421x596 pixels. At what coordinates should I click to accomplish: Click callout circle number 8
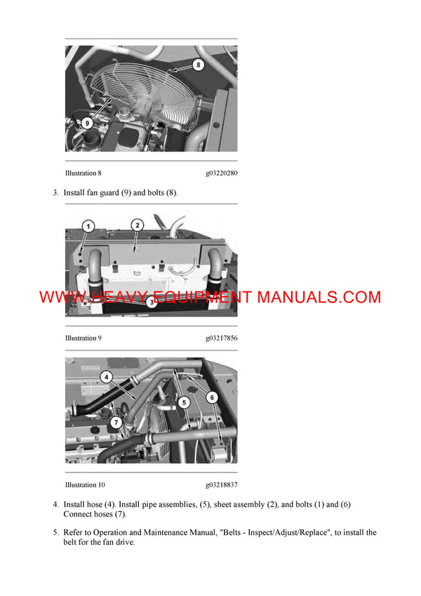tap(197, 65)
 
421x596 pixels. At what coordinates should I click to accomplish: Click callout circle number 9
tap(86, 122)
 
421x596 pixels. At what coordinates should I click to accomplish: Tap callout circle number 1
tap(88, 226)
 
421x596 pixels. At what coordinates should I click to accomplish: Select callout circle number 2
tap(138, 225)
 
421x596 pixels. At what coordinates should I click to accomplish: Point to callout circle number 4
tap(107, 377)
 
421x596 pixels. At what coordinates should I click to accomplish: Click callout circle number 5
tap(183, 402)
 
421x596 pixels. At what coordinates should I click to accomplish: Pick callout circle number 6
tap(212, 397)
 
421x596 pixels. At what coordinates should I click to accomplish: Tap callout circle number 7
tap(116, 423)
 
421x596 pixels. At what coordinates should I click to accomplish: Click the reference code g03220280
tap(221, 173)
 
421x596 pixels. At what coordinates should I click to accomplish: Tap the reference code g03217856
tap(221, 338)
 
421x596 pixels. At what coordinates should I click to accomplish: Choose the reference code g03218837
tap(221, 485)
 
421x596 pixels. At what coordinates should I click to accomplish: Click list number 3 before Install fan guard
tap(55, 192)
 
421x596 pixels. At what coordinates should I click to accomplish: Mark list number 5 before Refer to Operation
tap(55, 533)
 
